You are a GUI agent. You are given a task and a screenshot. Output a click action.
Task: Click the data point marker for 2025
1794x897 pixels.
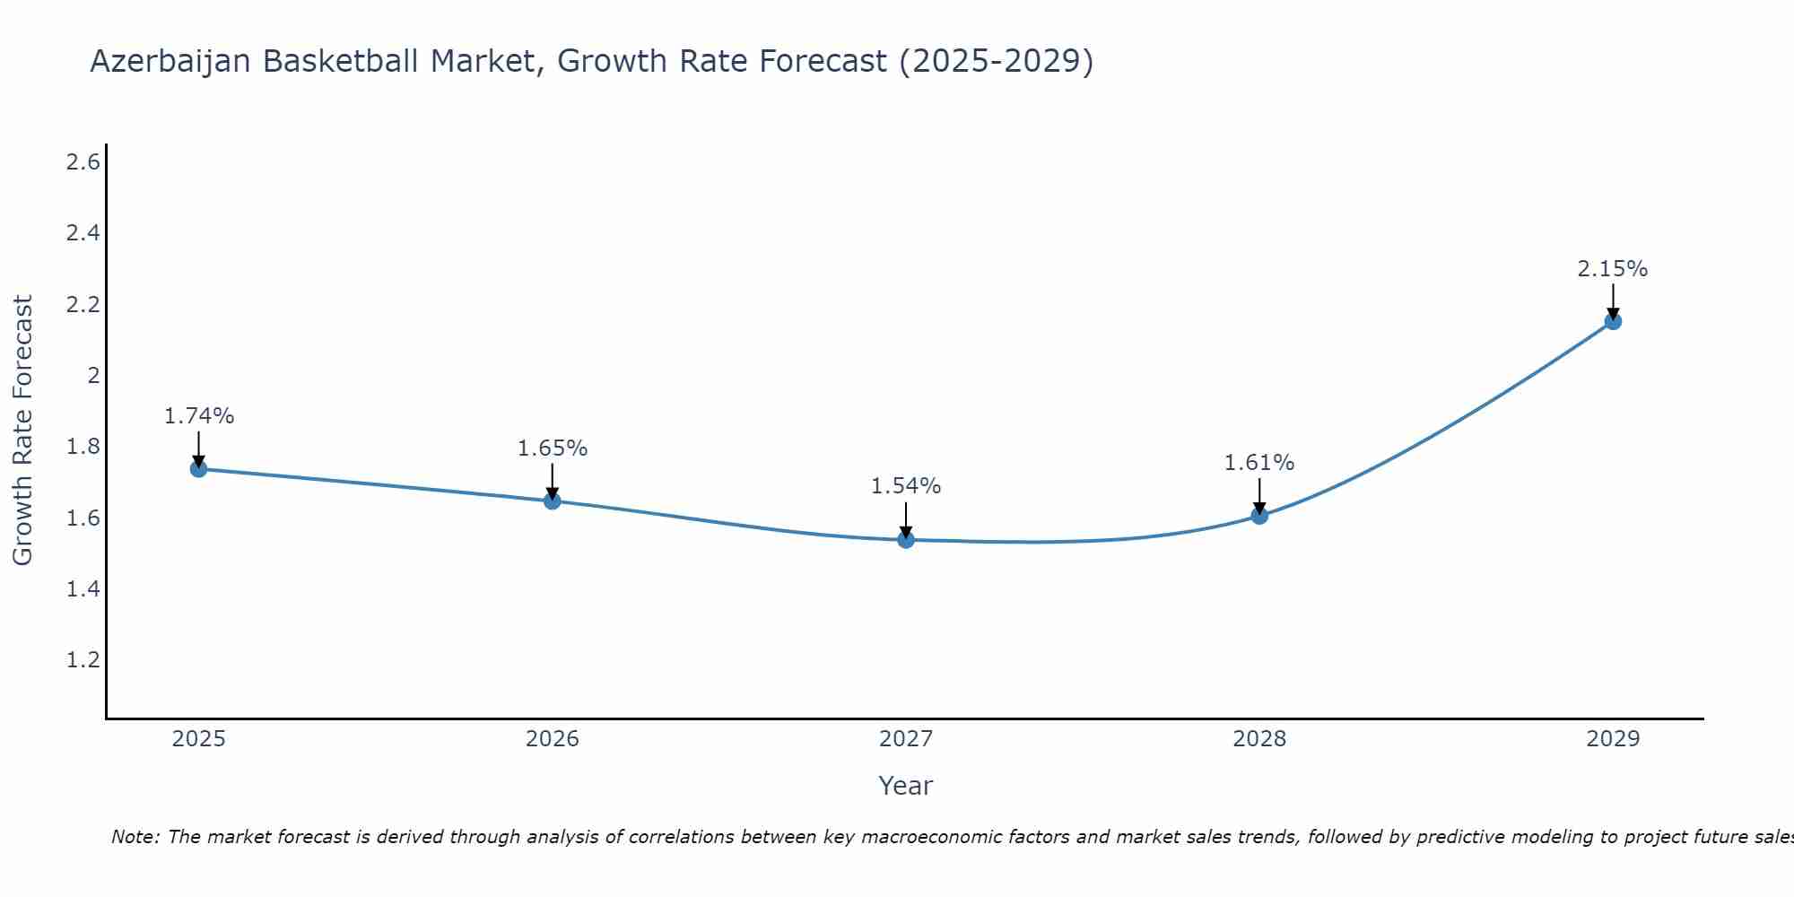(198, 469)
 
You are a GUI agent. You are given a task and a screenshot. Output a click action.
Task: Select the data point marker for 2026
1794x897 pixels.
(553, 501)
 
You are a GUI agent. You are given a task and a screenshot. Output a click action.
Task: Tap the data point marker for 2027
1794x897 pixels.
(906, 540)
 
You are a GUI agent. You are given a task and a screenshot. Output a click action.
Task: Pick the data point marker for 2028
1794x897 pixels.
(1259, 516)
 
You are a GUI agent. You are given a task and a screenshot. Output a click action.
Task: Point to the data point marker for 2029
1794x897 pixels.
(1613, 321)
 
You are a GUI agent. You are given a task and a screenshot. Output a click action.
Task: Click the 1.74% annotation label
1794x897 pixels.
(198, 416)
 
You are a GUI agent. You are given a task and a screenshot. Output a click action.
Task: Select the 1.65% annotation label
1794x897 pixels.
(553, 448)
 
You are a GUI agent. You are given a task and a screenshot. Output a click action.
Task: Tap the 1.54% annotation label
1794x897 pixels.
(906, 486)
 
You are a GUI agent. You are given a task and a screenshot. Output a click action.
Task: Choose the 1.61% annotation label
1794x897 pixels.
(1259, 463)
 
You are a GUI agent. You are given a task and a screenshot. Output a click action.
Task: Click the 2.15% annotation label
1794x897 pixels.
(1613, 269)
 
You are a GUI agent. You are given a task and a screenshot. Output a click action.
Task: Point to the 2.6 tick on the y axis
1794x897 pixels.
(83, 162)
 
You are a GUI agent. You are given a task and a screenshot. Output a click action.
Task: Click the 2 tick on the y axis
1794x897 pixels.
(92, 376)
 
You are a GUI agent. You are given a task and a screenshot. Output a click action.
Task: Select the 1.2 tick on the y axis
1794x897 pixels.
(83, 660)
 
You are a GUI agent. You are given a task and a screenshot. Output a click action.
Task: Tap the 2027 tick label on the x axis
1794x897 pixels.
(906, 739)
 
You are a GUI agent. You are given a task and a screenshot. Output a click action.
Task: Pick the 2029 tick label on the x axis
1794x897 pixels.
(1613, 739)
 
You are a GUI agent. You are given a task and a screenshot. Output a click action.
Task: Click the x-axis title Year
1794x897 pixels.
(906, 786)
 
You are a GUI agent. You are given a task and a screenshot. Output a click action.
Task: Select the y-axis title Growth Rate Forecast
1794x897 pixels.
(22, 431)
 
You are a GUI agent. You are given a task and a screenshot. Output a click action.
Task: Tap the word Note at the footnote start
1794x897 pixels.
(135, 837)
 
